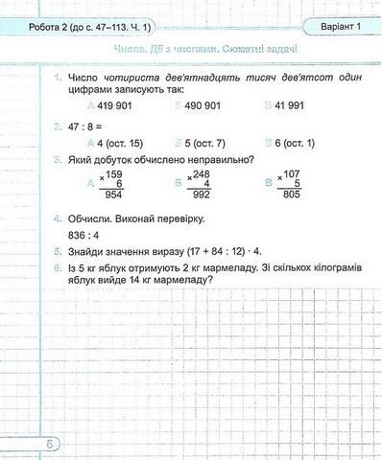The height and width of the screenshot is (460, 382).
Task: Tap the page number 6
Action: pyautogui.click(x=50, y=443)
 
